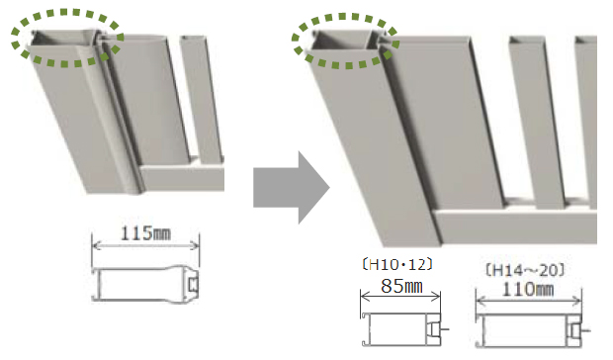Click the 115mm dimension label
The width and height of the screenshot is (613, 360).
click(x=145, y=233)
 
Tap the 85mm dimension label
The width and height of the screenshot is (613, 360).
click(x=401, y=286)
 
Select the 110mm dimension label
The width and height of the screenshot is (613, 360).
click(x=528, y=290)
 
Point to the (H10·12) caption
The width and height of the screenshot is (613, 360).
click(x=397, y=265)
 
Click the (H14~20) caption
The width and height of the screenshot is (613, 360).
click(x=525, y=270)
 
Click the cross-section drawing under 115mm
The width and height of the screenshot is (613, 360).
click(x=145, y=284)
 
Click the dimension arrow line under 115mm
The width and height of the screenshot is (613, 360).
click(x=145, y=245)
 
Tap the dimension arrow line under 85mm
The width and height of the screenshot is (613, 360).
click(x=400, y=297)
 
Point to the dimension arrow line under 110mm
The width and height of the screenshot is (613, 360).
click(x=529, y=301)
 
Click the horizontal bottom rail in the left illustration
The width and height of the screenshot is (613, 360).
click(x=182, y=178)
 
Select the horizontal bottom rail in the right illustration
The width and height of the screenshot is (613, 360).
click(x=515, y=227)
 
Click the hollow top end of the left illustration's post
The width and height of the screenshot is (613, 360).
click(x=64, y=40)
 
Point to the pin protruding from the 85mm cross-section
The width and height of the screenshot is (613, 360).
click(x=445, y=329)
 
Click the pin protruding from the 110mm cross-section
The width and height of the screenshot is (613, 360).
click(x=586, y=331)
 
